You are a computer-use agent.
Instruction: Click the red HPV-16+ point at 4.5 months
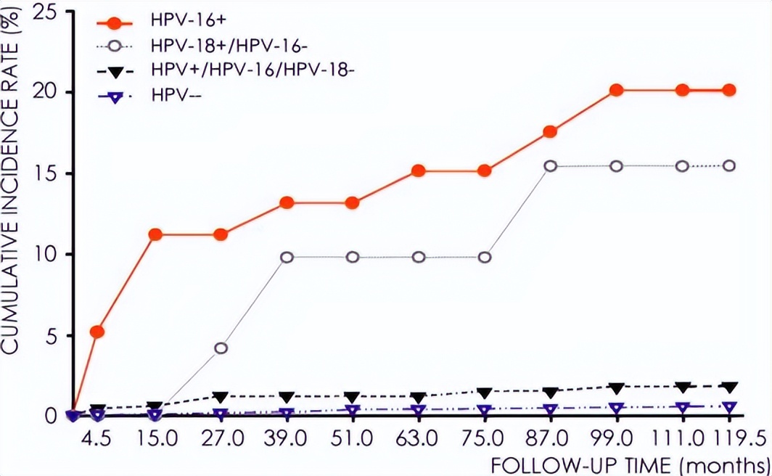[x=96, y=332]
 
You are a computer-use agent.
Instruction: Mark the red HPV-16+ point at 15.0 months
[x=155, y=234]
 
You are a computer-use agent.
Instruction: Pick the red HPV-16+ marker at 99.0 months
[x=616, y=90]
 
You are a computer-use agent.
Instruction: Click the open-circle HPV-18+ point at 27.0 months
[x=221, y=348]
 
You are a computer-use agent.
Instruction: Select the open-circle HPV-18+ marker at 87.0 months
[x=550, y=166]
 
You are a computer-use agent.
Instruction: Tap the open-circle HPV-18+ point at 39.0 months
[x=287, y=257]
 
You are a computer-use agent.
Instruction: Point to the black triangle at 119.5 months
[x=729, y=387]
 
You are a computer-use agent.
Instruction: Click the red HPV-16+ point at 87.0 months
[x=550, y=131]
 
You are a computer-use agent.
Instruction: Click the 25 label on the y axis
[x=49, y=12]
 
